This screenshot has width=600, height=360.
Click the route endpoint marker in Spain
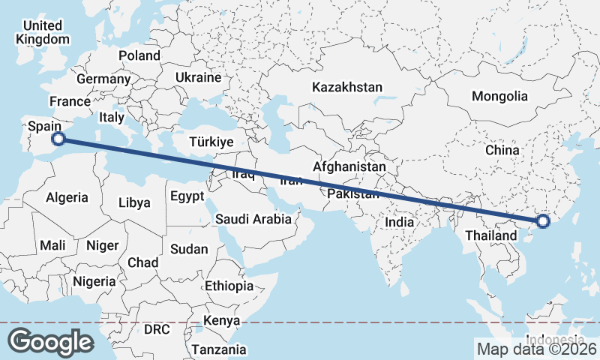click(58, 138)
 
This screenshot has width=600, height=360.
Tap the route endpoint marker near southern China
click(544, 221)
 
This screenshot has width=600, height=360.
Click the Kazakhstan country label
click(348, 87)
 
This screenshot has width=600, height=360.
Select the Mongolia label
click(499, 96)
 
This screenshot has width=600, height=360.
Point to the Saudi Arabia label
click(253, 220)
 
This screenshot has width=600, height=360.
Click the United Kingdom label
click(43, 32)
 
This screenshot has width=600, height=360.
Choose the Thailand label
click(491, 235)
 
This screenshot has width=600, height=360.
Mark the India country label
click(400, 222)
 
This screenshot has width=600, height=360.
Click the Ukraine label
click(198, 77)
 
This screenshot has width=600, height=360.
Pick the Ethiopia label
click(229, 286)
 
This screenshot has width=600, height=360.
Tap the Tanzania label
click(218, 349)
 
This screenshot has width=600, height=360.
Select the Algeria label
click(67, 198)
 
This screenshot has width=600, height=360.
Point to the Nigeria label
click(94, 281)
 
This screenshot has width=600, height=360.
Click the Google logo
click(50, 342)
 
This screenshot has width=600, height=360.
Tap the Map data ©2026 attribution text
click(536, 349)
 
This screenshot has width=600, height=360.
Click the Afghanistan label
click(349, 166)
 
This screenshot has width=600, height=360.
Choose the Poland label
click(139, 55)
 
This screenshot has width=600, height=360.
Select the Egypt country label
click(187, 196)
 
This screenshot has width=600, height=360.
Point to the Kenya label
click(221, 321)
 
